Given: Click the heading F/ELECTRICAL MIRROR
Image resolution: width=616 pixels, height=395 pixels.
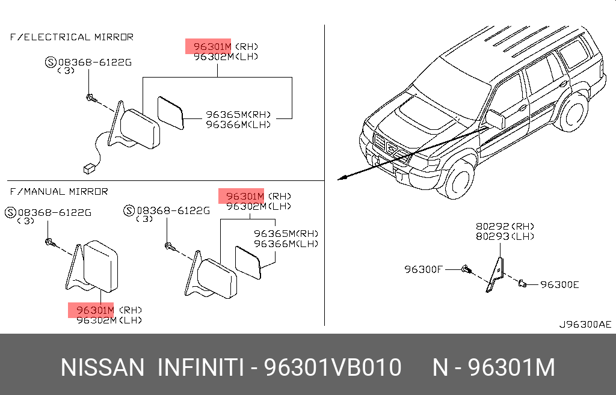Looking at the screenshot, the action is (x=72, y=37).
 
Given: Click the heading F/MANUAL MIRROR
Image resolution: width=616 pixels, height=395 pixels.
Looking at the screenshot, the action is (x=59, y=192).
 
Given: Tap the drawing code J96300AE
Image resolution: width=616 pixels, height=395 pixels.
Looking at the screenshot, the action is (x=585, y=324).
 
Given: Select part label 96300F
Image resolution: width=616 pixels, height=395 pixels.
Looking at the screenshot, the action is (x=423, y=269).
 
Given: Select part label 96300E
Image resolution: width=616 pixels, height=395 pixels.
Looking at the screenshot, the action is (x=559, y=284).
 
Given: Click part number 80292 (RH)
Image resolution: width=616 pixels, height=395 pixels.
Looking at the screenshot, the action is (x=505, y=227).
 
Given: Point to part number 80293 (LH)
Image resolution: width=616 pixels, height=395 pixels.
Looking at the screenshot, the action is (x=505, y=236).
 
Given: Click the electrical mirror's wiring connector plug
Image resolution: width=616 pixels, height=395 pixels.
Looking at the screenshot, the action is (x=90, y=168).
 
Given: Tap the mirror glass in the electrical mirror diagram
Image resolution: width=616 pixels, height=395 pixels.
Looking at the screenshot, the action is (x=170, y=112).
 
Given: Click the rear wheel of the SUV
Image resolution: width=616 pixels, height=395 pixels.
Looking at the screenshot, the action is (x=573, y=112).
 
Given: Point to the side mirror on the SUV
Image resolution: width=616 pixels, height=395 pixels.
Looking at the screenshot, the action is (x=495, y=119).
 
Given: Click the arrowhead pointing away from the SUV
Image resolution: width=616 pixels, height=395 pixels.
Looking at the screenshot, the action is (x=342, y=178).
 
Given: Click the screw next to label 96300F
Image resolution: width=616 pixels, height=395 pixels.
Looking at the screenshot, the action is (x=466, y=270).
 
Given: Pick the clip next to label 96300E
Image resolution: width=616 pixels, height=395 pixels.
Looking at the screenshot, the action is (x=522, y=283).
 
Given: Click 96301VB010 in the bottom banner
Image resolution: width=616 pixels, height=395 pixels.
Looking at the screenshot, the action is (x=332, y=367).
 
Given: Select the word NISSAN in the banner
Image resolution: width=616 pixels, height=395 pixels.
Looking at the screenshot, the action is (x=102, y=367).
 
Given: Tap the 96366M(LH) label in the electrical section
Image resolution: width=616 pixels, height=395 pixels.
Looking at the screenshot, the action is (x=238, y=124).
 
